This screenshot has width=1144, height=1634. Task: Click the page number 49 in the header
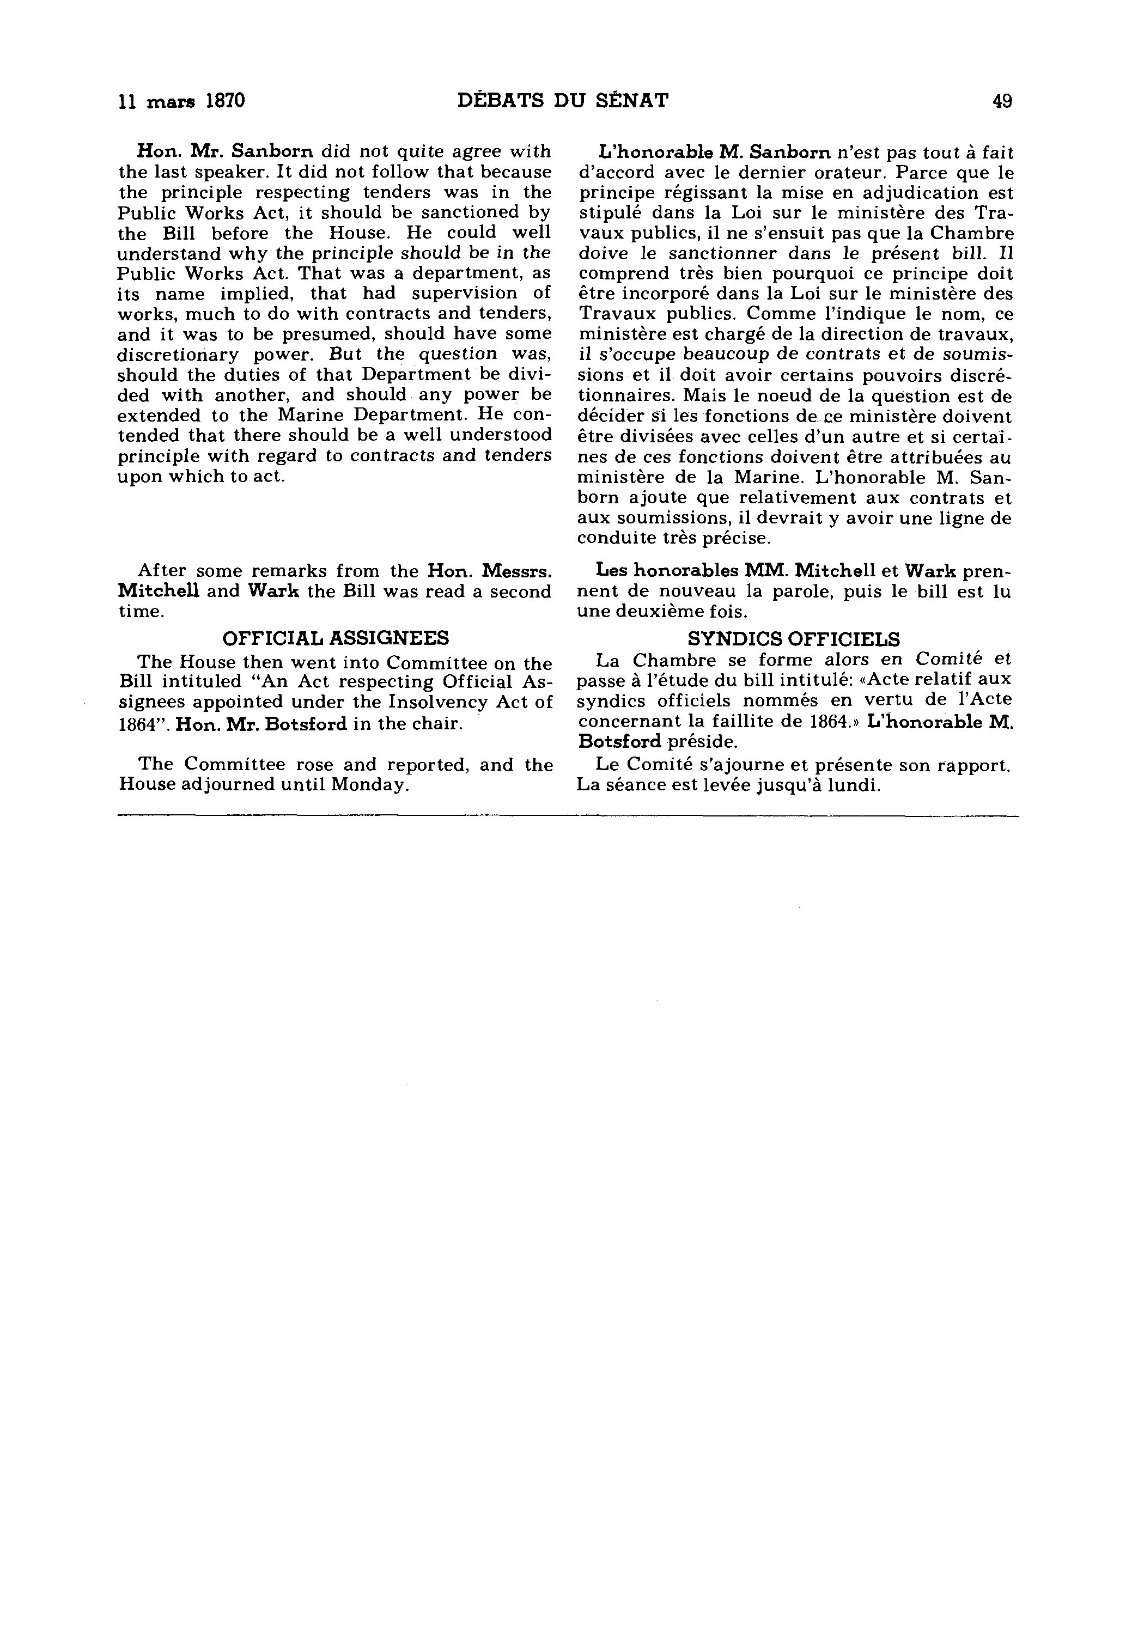(1002, 101)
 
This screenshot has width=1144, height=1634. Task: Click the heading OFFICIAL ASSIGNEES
(336, 638)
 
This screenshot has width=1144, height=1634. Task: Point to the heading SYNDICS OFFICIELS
(794, 638)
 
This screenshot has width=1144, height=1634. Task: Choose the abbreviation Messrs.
(518, 571)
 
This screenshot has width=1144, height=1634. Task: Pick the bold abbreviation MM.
(764, 571)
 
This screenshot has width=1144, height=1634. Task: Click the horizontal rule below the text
(568, 816)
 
